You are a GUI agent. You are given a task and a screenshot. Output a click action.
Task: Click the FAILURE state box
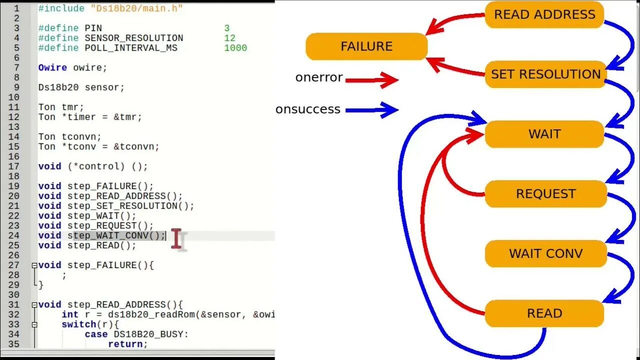tap(366, 46)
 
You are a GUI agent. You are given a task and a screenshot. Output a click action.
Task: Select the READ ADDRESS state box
tap(544, 14)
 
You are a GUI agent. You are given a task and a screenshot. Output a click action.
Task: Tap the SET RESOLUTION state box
tap(545, 74)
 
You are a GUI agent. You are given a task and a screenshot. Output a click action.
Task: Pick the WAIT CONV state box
tap(545, 253)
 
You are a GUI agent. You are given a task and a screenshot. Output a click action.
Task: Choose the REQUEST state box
tap(545, 194)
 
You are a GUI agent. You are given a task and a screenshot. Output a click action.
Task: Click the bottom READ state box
tap(544, 313)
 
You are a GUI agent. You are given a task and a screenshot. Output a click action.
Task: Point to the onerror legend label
tap(319, 77)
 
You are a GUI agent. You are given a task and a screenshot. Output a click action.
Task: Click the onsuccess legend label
tap(308, 109)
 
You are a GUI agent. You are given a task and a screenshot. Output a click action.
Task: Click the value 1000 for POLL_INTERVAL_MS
tap(235, 48)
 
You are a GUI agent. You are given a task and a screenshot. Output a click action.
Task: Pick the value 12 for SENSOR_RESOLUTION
tap(230, 38)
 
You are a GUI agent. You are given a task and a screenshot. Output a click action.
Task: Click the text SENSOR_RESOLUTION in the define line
tap(134, 38)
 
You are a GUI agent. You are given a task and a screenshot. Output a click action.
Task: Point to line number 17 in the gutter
tap(14, 166)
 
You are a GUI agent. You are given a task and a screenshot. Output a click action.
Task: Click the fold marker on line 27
tap(34, 265)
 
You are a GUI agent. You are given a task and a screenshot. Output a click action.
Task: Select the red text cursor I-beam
tap(176, 238)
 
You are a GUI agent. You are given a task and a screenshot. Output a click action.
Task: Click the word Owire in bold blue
tap(52, 67)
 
